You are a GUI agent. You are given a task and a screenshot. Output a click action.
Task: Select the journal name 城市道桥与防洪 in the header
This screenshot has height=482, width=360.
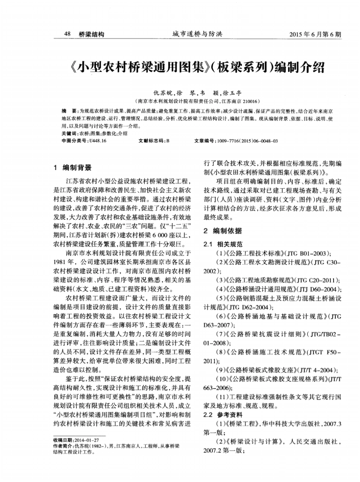(197, 34)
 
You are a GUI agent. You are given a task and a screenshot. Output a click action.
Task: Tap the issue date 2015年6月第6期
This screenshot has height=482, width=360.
(315, 34)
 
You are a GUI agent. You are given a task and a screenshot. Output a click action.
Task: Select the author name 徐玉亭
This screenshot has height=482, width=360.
(232, 93)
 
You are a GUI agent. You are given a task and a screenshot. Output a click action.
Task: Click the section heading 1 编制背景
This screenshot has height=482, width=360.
(72, 167)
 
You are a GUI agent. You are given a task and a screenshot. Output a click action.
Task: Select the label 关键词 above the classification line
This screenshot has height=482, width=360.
(68, 134)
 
